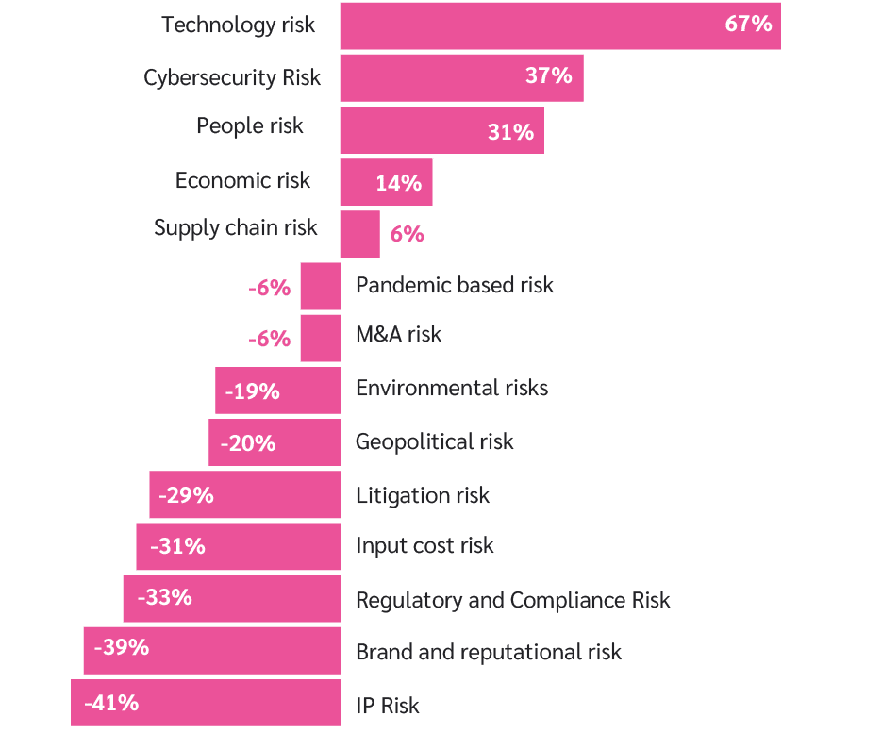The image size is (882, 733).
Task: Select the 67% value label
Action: tap(748, 25)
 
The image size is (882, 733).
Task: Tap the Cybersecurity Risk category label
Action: tap(232, 77)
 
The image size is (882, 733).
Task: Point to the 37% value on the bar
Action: tap(549, 76)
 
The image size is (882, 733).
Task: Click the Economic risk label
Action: tap(242, 180)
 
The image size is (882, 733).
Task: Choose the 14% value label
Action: tap(398, 183)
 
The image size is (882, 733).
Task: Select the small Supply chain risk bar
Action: tap(359, 234)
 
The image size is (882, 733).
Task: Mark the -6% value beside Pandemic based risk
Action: tap(270, 288)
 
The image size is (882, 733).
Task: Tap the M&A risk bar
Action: tap(320, 338)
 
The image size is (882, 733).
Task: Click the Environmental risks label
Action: tap(451, 388)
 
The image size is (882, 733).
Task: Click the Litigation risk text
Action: tap(422, 495)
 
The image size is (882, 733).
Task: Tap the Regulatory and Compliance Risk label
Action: tap(512, 600)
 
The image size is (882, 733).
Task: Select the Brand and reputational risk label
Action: tap(488, 652)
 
